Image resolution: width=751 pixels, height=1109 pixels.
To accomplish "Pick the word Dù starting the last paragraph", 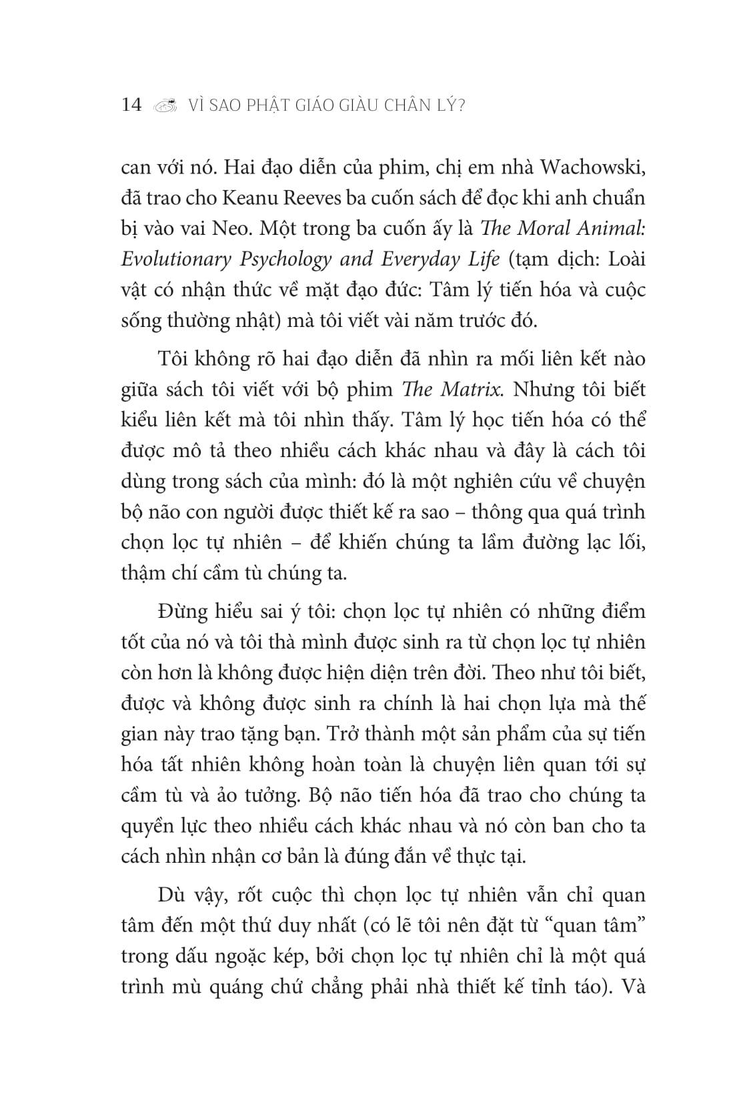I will [169, 895].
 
